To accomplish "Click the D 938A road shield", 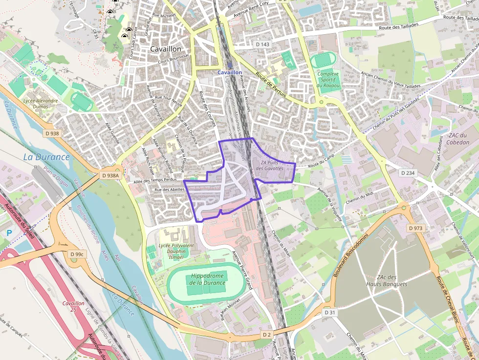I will coord(110,175).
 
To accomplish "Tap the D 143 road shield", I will coord(262,44).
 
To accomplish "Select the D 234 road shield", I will coord(407,173).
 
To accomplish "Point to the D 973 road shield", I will coord(415,228).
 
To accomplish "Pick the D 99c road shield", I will coord(77,254).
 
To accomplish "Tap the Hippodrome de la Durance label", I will coord(207,279).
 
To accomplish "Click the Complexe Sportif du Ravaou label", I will coord(328,80).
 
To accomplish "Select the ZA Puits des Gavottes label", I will coord(272,166).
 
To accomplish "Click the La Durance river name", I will coord(46,157).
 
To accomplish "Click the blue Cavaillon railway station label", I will coord(230,72).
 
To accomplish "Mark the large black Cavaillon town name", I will coord(166,49).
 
